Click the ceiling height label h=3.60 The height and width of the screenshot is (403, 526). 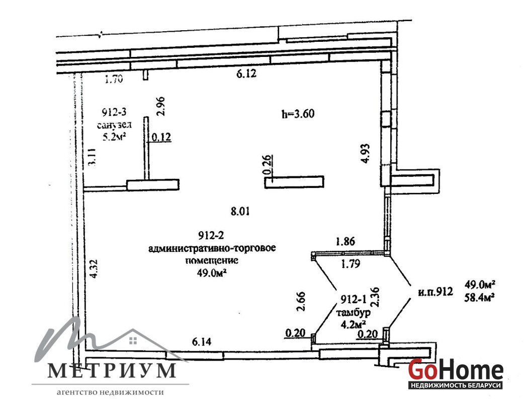coord(298,114)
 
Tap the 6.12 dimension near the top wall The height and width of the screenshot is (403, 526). coord(246,73)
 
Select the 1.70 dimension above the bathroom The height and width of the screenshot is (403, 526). coord(114,79)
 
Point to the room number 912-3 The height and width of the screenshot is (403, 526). coord(114,112)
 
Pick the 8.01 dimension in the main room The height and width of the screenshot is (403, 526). coord(240,212)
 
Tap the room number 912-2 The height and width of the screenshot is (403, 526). coord(211,236)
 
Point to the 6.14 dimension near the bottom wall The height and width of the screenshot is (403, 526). coord(202,342)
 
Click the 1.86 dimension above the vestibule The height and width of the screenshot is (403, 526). coord(345,241)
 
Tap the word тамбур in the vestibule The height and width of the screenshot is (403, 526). coord(354,313)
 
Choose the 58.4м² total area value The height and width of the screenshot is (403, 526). coord(480,297)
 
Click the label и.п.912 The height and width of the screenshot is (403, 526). coord(435,292)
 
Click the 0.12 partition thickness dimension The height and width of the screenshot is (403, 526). coord(161,137)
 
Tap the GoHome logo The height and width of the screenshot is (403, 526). coord(456,373)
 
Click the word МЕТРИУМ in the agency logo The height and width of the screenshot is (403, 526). coord(112,370)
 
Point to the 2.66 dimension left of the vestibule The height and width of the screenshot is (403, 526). coord(301,301)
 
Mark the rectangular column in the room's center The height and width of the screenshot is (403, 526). coord(294,181)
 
